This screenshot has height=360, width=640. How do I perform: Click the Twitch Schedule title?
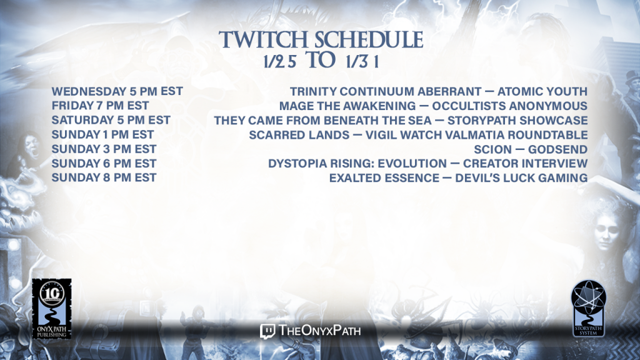coord(321,39)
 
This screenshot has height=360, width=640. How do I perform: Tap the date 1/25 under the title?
coord(279,62)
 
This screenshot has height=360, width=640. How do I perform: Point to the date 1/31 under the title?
coord(362,62)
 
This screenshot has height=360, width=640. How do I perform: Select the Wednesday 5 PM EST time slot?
coord(117,91)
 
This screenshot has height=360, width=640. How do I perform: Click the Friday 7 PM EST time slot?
coord(100,106)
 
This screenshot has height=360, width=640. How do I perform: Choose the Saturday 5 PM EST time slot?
coord(111,120)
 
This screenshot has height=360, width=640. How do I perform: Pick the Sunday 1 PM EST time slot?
coord(103,135)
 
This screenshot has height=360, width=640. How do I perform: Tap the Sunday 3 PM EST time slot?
coord(104,149)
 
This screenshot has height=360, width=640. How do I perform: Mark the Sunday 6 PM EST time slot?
coord(104,163)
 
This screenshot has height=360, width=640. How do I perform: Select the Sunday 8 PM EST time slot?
coord(104,177)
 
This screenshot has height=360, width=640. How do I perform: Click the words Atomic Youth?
coord(542,91)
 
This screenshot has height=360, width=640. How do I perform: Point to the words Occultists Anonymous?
coord(510,106)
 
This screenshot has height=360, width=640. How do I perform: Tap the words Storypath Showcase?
coord(517,121)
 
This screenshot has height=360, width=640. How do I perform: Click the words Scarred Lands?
coord(299,135)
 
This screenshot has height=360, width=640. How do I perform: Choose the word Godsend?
coord(558,149)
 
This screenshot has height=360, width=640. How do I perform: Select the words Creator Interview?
coord(525,164)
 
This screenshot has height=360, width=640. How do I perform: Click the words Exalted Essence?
coord(384,178)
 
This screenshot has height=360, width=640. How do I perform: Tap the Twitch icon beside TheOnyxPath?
coord(267,331)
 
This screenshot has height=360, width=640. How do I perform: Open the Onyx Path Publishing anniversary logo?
coord(52,309)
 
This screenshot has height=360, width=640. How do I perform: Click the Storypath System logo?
coord(588,309)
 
